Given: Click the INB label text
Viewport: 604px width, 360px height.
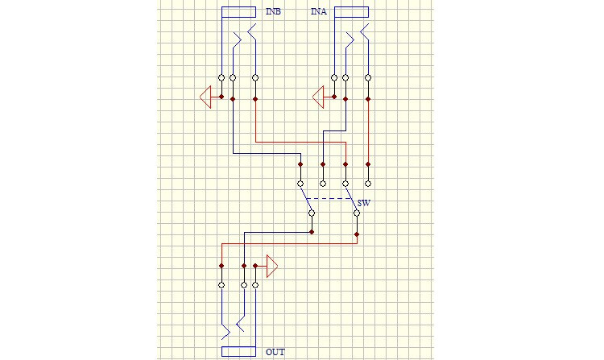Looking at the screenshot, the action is point(273,11).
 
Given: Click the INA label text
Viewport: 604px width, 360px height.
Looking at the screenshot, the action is point(319,11).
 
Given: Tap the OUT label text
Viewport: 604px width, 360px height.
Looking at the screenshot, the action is point(275,352).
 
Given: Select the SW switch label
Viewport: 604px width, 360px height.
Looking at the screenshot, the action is point(364,203).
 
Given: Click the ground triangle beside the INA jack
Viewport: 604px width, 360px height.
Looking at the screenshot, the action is point(319,97).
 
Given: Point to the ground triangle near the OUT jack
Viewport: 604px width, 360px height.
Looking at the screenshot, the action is point(272,266).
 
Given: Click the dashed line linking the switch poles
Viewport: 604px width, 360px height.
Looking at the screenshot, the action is point(329,199).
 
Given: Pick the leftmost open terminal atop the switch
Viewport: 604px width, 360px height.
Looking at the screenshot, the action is point(300,184).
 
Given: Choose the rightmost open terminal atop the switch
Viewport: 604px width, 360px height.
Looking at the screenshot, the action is point(368,184).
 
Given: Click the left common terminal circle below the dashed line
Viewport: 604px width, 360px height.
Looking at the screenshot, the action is point(312,213).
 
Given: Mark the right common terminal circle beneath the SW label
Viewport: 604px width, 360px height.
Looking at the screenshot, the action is point(357,213).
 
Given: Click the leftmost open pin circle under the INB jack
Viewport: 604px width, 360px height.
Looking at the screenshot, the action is point(221,78).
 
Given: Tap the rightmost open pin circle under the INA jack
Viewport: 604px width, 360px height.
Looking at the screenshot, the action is point(368,78).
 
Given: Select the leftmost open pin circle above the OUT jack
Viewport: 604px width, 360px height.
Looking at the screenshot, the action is point(221,285).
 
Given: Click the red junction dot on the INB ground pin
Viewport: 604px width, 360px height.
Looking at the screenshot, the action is point(221,97).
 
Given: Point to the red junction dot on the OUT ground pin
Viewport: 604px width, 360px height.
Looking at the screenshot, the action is point(255,266).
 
